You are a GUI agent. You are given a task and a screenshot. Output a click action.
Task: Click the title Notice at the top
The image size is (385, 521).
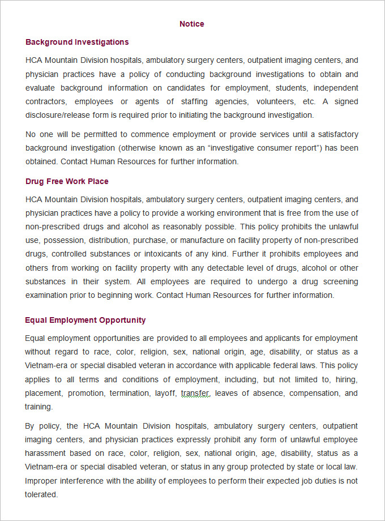click(192, 24)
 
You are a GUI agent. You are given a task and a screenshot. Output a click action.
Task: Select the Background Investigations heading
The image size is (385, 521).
click(77, 42)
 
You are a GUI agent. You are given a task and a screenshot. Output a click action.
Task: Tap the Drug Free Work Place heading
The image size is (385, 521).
click(67, 181)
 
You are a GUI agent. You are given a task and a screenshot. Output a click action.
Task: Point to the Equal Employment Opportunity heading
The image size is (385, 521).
click(85, 320)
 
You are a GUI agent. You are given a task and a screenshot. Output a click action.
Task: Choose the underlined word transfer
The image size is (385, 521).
click(195, 393)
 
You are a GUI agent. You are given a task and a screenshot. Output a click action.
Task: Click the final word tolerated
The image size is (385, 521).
click(41, 494)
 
